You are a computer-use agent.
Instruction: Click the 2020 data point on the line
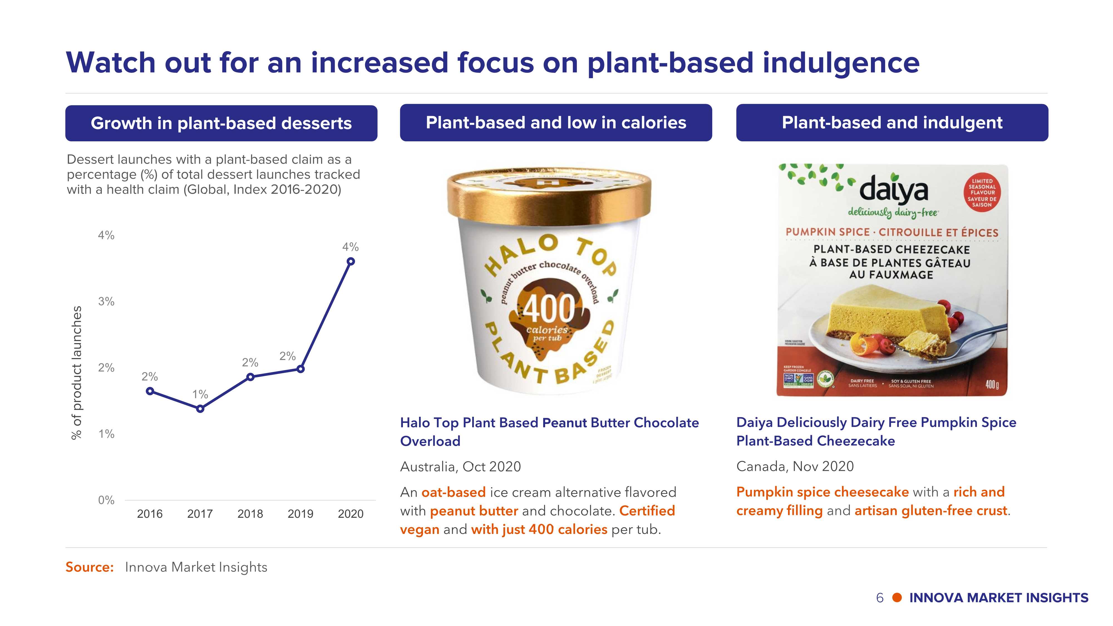(x=351, y=261)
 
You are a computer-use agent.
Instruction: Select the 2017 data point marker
(x=200, y=409)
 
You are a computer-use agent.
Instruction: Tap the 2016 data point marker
(x=150, y=391)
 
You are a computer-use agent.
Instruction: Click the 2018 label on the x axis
(x=250, y=514)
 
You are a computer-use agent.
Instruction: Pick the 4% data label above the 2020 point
(x=350, y=247)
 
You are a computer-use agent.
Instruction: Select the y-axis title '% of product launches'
(x=77, y=373)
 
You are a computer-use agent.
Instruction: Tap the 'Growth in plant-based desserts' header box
(x=221, y=123)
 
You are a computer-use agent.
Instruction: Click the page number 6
(x=880, y=598)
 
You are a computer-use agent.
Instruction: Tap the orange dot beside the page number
(x=897, y=598)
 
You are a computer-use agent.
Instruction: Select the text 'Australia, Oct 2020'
(x=461, y=467)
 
